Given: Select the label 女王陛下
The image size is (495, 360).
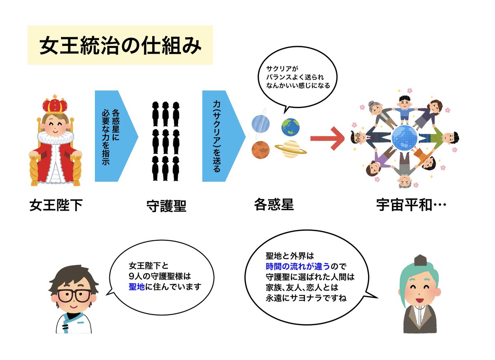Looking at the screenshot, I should coord(56,205).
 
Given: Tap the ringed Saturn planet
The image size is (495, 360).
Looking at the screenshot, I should coord(291,147).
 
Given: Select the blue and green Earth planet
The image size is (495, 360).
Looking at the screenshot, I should coord(291,126).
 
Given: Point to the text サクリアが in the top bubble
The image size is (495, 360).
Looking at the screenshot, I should coord(282,68).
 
